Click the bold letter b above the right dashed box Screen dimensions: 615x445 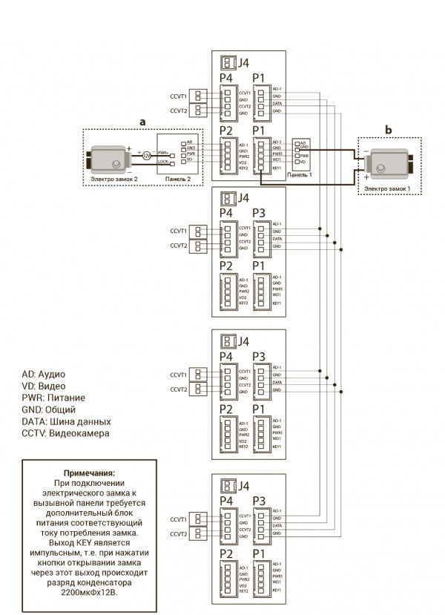click(x=389, y=130)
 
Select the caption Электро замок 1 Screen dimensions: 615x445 click(x=388, y=189)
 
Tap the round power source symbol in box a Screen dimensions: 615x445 click(x=146, y=156)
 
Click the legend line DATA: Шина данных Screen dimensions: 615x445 click(x=67, y=421)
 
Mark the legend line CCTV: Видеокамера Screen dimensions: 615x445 click(x=65, y=433)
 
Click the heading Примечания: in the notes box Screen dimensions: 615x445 click(x=90, y=473)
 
